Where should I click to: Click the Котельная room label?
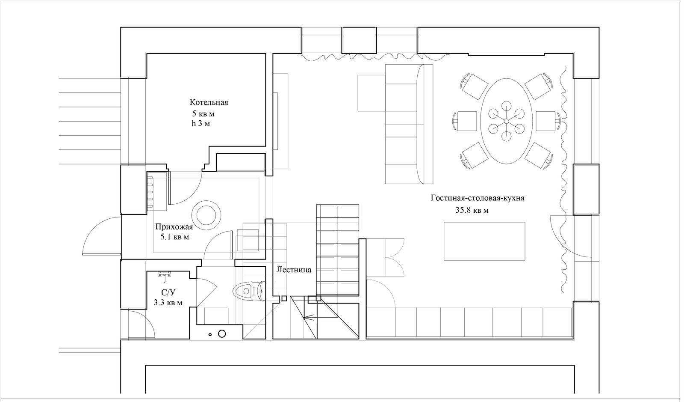click(209, 102)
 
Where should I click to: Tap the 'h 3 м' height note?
click(200, 124)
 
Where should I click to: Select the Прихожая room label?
click(174, 227)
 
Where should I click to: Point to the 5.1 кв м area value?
click(175, 237)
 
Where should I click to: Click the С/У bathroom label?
click(168, 292)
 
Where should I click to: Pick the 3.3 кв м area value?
click(168, 303)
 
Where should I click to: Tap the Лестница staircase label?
click(294, 270)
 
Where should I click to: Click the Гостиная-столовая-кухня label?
click(478, 198)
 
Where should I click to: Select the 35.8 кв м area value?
click(472, 210)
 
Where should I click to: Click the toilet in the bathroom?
click(249, 291)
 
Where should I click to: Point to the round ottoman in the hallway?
click(207, 215)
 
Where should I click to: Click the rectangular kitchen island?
click(484, 241)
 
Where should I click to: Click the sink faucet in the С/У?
click(165, 275)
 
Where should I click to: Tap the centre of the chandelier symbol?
click(507, 121)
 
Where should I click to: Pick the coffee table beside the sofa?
click(371, 93)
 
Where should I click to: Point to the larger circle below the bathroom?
click(222, 334)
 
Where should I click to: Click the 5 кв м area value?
click(203, 114)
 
